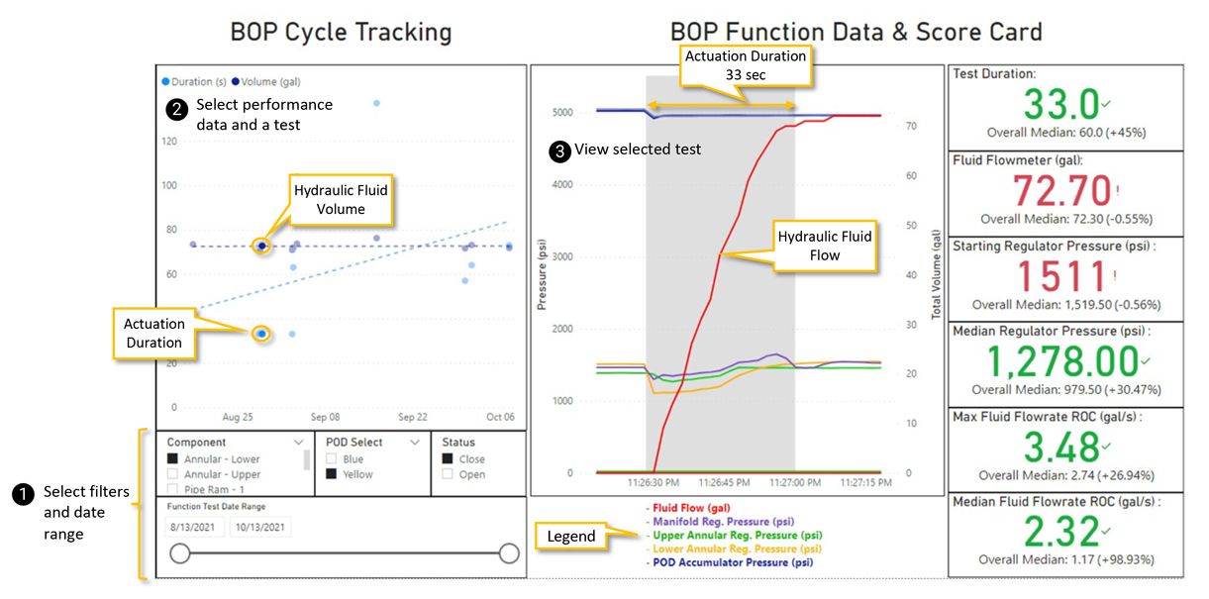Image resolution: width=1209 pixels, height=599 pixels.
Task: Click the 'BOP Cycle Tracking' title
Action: (341, 32)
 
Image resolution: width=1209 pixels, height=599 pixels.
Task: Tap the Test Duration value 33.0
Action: (1060, 104)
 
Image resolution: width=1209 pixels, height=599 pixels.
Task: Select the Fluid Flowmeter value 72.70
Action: (1059, 189)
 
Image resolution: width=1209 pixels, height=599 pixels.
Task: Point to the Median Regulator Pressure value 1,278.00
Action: (1061, 361)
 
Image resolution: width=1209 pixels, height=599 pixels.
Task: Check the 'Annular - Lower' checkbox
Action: (172, 458)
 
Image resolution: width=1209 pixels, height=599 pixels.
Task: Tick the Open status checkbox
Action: (448, 474)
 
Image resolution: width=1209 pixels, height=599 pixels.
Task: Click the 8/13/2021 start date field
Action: (194, 527)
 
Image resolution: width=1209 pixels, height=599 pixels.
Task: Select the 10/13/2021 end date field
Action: (260, 527)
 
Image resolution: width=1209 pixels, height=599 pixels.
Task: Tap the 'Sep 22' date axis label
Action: (412, 418)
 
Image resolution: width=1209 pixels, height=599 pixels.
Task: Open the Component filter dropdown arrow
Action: (299, 443)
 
